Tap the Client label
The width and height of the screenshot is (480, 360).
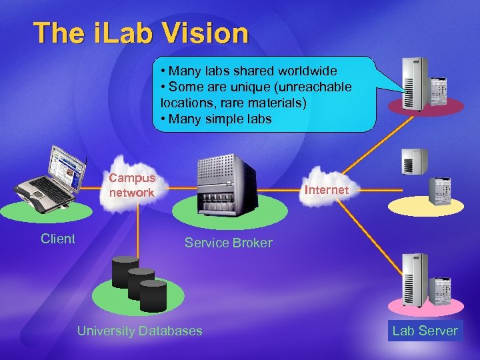(x=57, y=239)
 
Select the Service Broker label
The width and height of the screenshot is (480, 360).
(x=228, y=243)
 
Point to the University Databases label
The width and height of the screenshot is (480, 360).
(x=139, y=331)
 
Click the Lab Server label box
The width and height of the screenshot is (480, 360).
(x=425, y=331)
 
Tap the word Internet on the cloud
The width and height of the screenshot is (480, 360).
(x=326, y=190)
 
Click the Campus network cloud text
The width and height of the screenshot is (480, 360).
(x=132, y=185)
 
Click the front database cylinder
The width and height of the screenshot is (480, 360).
(x=153, y=295)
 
